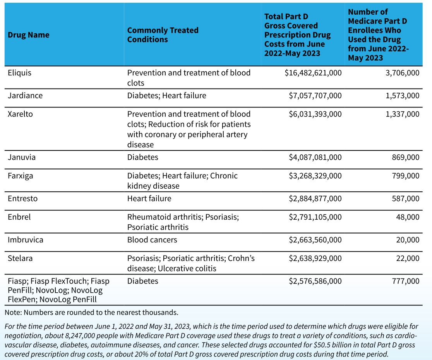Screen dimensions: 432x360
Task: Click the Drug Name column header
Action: coord(28,35)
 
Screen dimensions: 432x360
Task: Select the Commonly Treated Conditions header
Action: coord(163,35)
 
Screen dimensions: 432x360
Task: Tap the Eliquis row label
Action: coord(20,73)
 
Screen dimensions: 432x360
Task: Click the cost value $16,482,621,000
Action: coord(313,73)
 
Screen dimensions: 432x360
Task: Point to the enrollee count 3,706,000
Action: coord(403,73)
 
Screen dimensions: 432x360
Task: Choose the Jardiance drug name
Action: coord(25,96)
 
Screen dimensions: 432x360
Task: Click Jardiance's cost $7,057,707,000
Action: coord(315,96)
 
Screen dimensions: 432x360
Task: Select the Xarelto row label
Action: coord(20,114)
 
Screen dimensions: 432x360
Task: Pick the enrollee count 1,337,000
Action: coord(403,114)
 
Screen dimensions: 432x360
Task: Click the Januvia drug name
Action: coord(22,157)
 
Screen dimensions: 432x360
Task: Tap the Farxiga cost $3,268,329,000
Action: coord(315,176)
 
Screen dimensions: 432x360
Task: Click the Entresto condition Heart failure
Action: coord(149,198)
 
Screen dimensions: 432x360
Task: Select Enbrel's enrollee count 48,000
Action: coord(408,217)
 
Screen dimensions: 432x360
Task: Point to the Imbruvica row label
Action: coord(25,240)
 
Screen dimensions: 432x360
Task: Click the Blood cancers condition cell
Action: coord(152,240)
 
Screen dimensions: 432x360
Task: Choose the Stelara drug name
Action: coord(20,258)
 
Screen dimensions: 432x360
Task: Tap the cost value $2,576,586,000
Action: coord(315,281)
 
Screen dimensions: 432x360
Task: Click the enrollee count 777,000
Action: coord(406,281)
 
